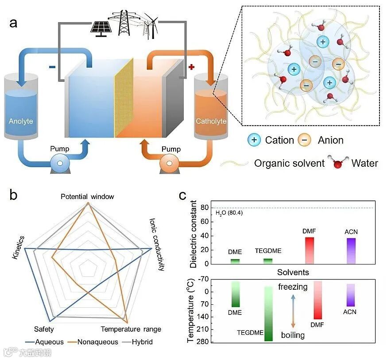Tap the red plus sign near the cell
191,67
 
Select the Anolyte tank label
21,121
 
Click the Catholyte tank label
211,121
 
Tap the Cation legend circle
254,140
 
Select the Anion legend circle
304,140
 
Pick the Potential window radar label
87,196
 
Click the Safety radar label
44,329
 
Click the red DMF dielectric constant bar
309,250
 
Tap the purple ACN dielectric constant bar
351,251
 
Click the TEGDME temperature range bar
268,313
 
